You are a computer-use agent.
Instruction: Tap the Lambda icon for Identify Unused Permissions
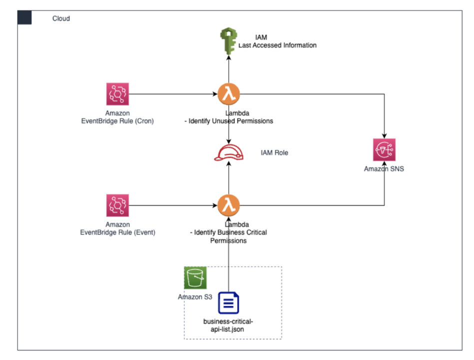[229, 93]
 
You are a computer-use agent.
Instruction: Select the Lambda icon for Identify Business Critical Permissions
[229, 204]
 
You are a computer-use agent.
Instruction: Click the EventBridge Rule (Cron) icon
[117, 93]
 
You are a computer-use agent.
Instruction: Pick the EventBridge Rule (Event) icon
[117, 205]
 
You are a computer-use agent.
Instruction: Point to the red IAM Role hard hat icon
[229, 153]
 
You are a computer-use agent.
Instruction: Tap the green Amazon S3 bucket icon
[195, 278]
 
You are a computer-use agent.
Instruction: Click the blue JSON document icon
[229, 303]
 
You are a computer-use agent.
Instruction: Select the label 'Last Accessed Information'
[278, 45]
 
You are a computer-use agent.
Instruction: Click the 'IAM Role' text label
[274, 152]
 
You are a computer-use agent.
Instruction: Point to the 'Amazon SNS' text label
[384, 169]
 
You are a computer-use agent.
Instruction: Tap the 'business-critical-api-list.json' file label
[229, 324]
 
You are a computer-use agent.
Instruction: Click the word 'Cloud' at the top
[61, 18]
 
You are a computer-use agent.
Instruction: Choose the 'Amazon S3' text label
[195, 297]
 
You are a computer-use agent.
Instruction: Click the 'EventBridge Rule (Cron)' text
[118, 121]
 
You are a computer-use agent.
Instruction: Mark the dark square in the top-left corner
[24, 17]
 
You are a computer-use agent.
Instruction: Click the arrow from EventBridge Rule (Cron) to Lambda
[172, 93]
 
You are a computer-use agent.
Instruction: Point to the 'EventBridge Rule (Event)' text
[118, 232]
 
